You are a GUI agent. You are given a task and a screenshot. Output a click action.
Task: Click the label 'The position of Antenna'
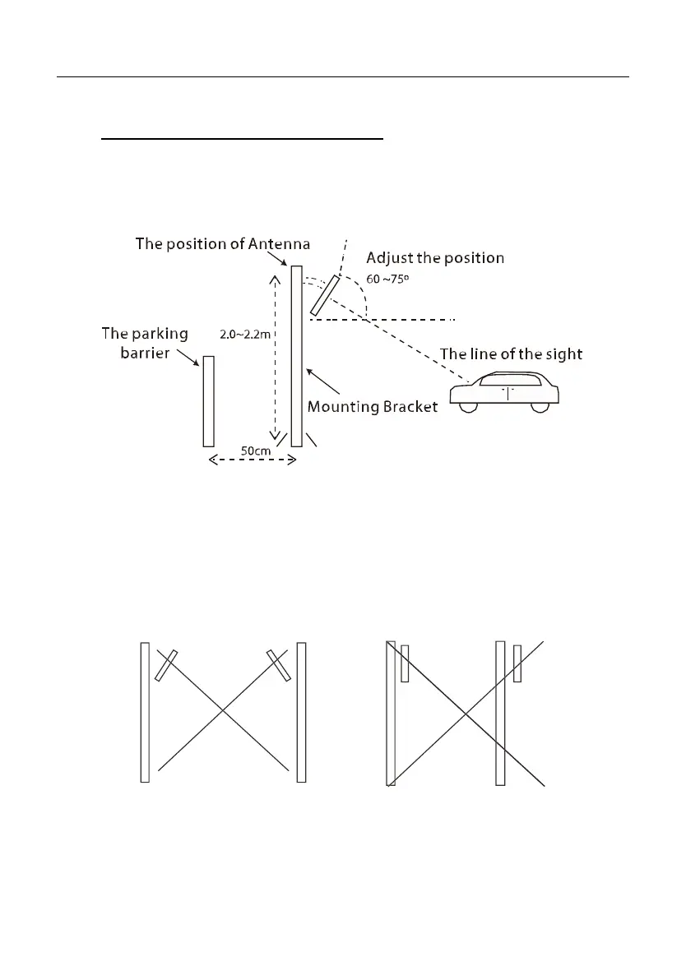[222, 244]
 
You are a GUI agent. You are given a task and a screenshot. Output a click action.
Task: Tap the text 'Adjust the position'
[435, 257]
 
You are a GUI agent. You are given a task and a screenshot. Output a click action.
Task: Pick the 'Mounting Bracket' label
[372, 407]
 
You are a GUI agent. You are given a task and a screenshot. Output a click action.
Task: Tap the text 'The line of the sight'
[511, 354]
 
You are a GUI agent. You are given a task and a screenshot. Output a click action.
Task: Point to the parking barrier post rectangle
[208, 401]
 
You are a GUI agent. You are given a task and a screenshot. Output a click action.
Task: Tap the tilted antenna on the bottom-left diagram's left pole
[165, 666]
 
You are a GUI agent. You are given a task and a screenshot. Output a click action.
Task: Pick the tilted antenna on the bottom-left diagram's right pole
[278, 665]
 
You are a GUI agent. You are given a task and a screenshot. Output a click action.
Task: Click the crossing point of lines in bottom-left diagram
[222, 711]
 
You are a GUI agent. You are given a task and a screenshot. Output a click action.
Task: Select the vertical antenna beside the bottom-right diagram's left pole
[405, 663]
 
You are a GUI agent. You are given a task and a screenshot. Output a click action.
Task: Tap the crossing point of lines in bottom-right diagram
[466, 712]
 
